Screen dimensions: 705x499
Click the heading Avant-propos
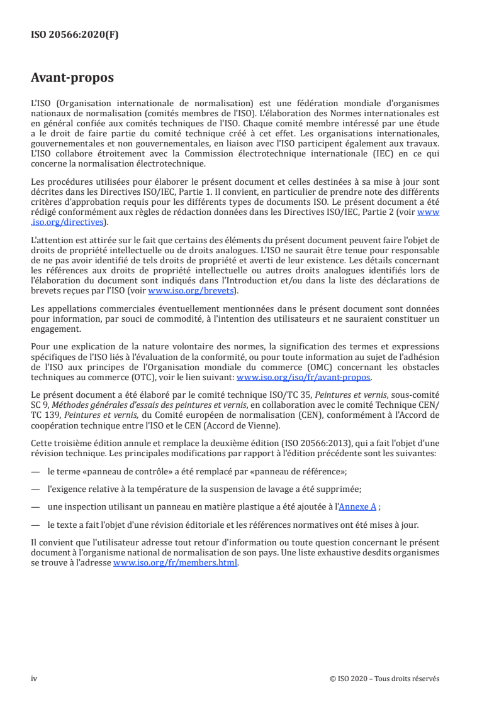[x=72, y=79]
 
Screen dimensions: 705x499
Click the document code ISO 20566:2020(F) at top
[x=74, y=35]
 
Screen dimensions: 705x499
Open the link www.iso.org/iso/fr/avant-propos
[x=304, y=378]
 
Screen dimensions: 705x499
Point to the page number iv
[x=35, y=678]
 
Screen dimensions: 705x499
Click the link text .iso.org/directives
[x=69, y=222]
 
